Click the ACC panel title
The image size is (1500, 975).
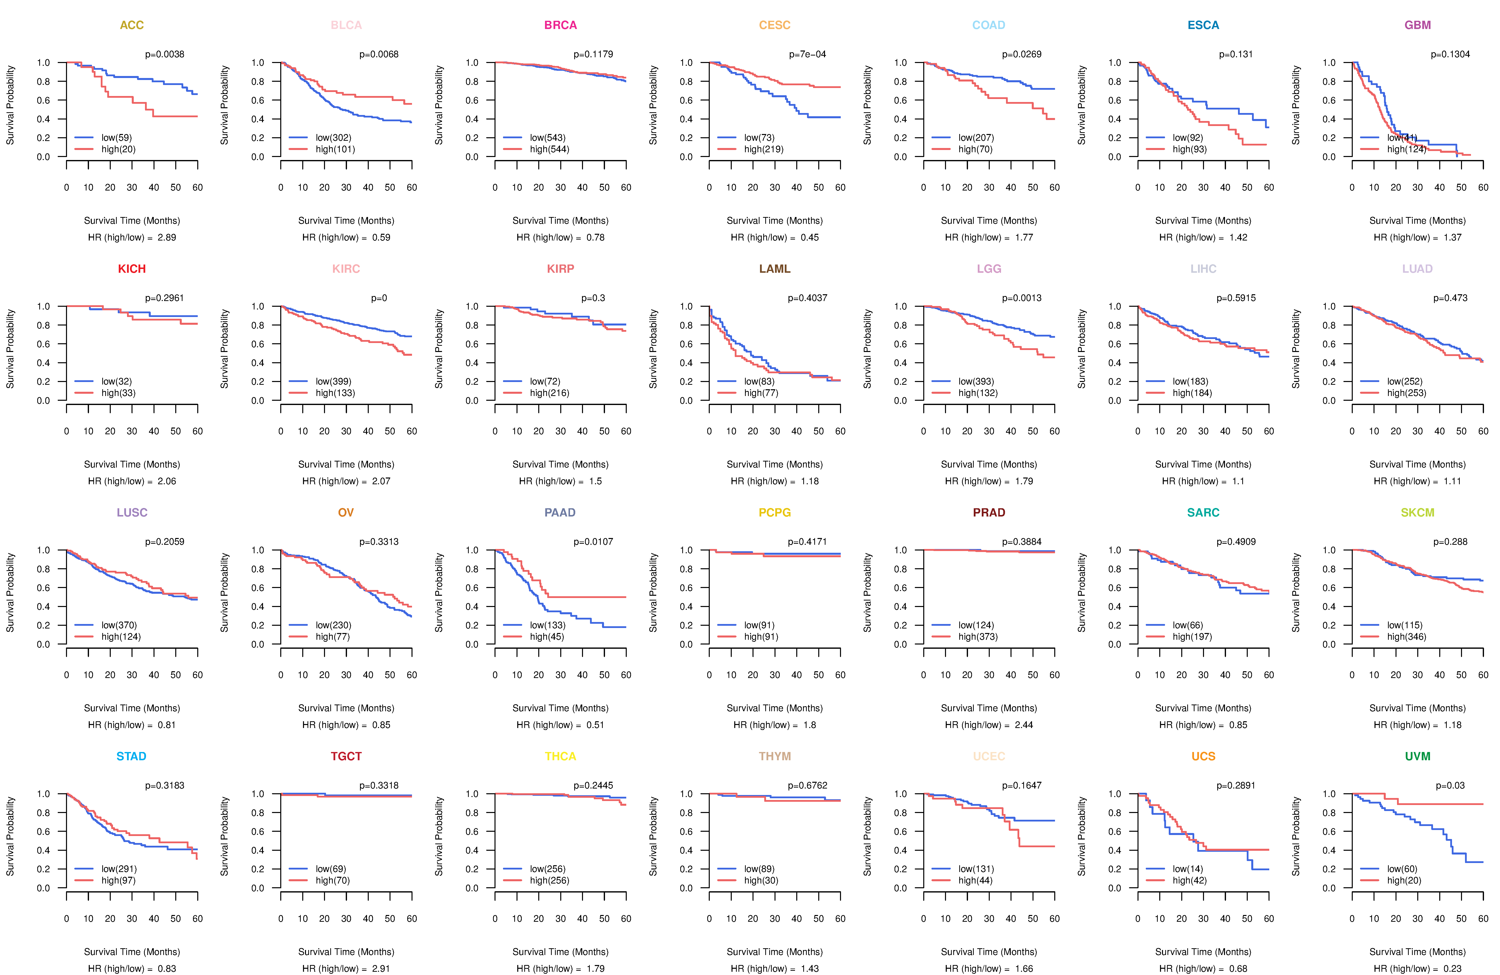click(x=132, y=25)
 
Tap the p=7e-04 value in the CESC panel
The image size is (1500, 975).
click(x=807, y=54)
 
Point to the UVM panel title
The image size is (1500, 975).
click(x=1417, y=756)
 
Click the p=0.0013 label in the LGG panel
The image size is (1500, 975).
click(x=1022, y=298)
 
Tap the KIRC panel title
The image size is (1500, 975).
click(x=346, y=269)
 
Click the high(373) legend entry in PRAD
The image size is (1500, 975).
click(x=977, y=636)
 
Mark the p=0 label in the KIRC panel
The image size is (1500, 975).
click(x=379, y=298)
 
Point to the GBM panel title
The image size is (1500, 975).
click(x=1417, y=25)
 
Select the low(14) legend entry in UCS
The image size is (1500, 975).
click(x=1187, y=868)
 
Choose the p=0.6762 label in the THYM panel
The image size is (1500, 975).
click(x=807, y=785)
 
